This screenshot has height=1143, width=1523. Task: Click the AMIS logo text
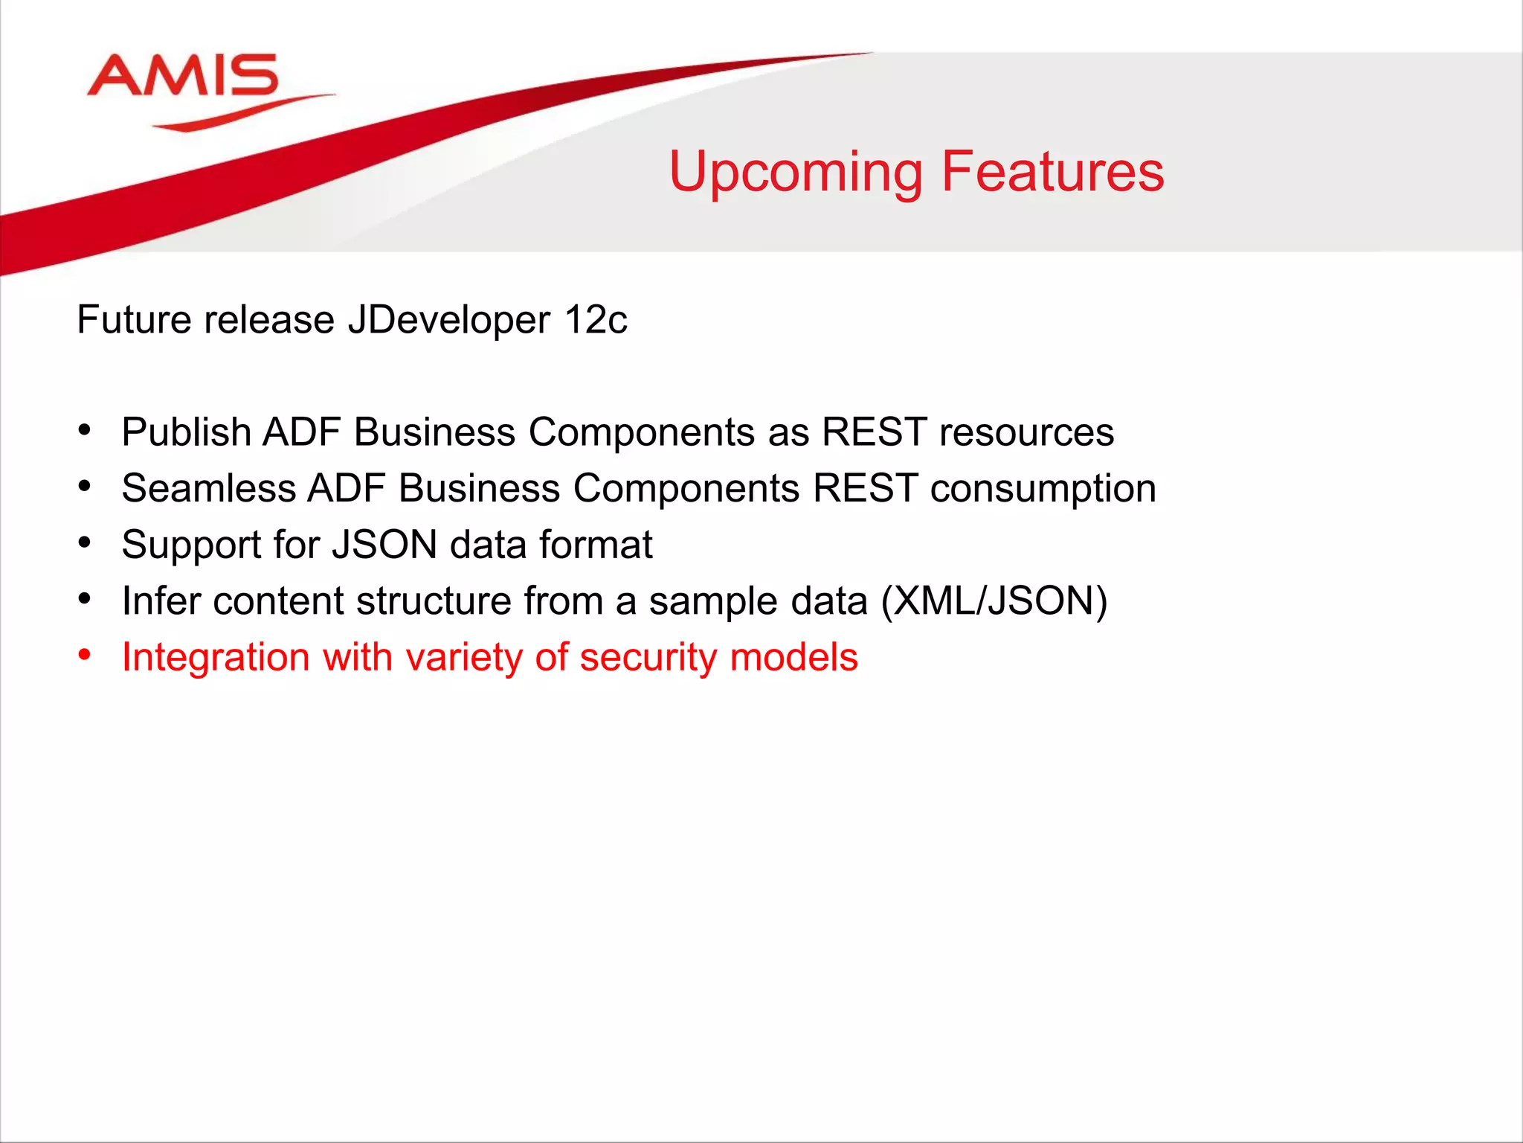pos(183,76)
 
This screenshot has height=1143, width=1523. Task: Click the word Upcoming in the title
pos(796,173)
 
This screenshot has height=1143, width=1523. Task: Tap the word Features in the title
pos(1052,171)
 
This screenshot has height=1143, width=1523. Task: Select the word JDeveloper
pos(449,320)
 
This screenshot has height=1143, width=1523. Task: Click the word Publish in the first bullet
pos(186,432)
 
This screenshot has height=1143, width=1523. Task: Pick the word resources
pos(1026,432)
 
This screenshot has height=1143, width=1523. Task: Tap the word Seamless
pos(209,489)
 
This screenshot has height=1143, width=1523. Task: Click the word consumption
pos(1043,489)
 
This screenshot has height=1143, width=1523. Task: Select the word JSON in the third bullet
pos(384,545)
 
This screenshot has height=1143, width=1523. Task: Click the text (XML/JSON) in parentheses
pos(994,601)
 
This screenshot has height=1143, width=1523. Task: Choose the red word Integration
pos(216,658)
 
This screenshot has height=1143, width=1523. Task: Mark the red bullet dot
pos(85,655)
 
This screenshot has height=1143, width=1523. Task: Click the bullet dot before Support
pos(85,542)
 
